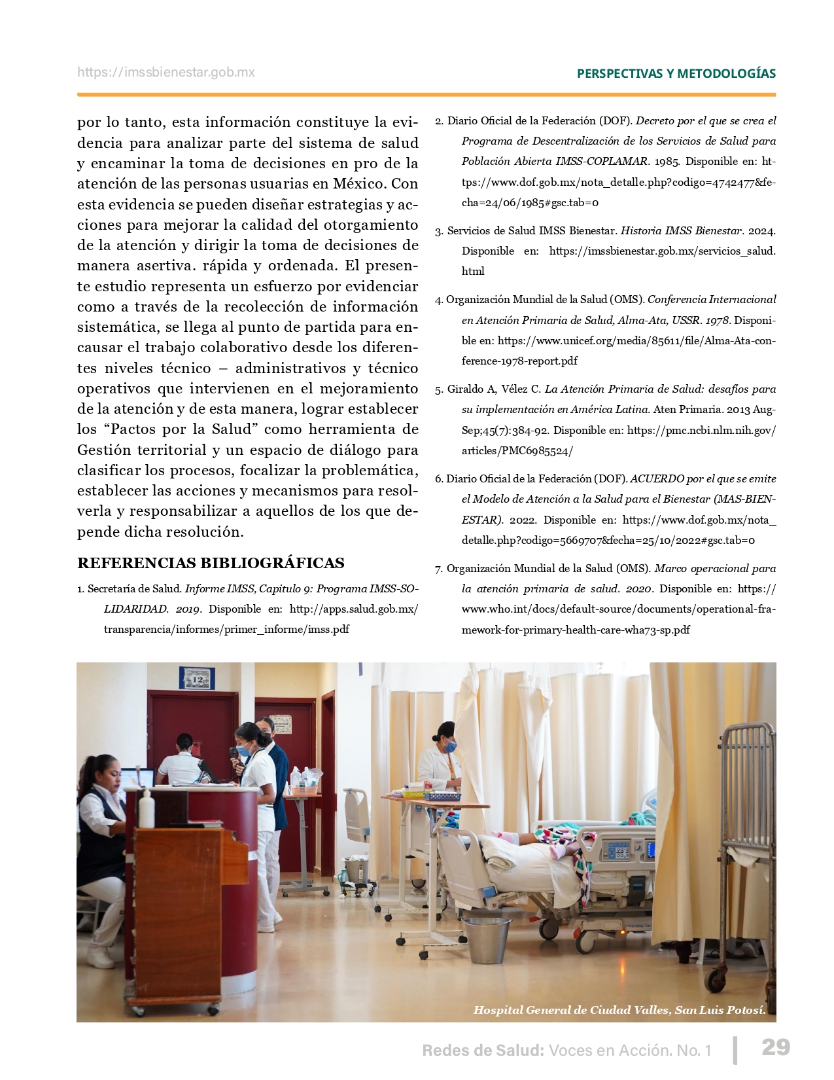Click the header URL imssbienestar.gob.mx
(x=166, y=73)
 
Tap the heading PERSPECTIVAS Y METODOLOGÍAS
(x=676, y=73)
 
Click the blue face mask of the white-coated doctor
(x=451, y=745)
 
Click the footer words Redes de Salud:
(x=483, y=1051)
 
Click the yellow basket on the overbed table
(x=413, y=793)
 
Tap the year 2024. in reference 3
(x=761, y=230)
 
